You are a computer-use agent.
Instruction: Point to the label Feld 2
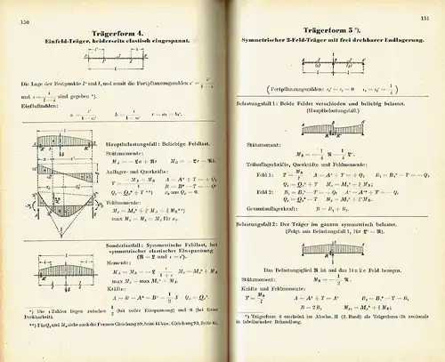[263, 189]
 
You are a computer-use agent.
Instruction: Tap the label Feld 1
[263, 174]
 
